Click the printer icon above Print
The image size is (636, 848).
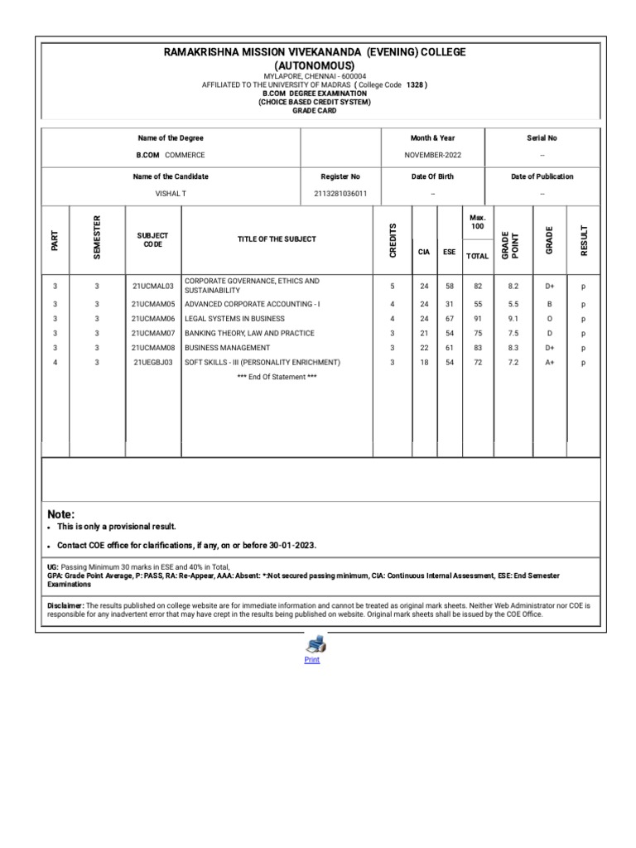pos(316,644)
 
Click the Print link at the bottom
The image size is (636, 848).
pos(311,660)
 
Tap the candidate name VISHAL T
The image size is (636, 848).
pos(171,194)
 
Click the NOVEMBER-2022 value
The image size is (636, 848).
pos(432,155)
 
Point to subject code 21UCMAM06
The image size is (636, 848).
pos(153,319)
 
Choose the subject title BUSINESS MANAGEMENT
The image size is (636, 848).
pos(227,348)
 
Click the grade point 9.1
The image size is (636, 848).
pos(514,319)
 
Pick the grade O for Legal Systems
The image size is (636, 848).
pos(549,319)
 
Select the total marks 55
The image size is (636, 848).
pos(478,305)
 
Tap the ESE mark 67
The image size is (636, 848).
pos(450,319)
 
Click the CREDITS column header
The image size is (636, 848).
pos(393,239)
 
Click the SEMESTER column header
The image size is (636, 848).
pos(97,239)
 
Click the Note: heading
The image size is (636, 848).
pos(61,514)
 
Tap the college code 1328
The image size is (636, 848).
pos(415,85)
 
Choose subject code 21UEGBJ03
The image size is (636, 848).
pos(153,363)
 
